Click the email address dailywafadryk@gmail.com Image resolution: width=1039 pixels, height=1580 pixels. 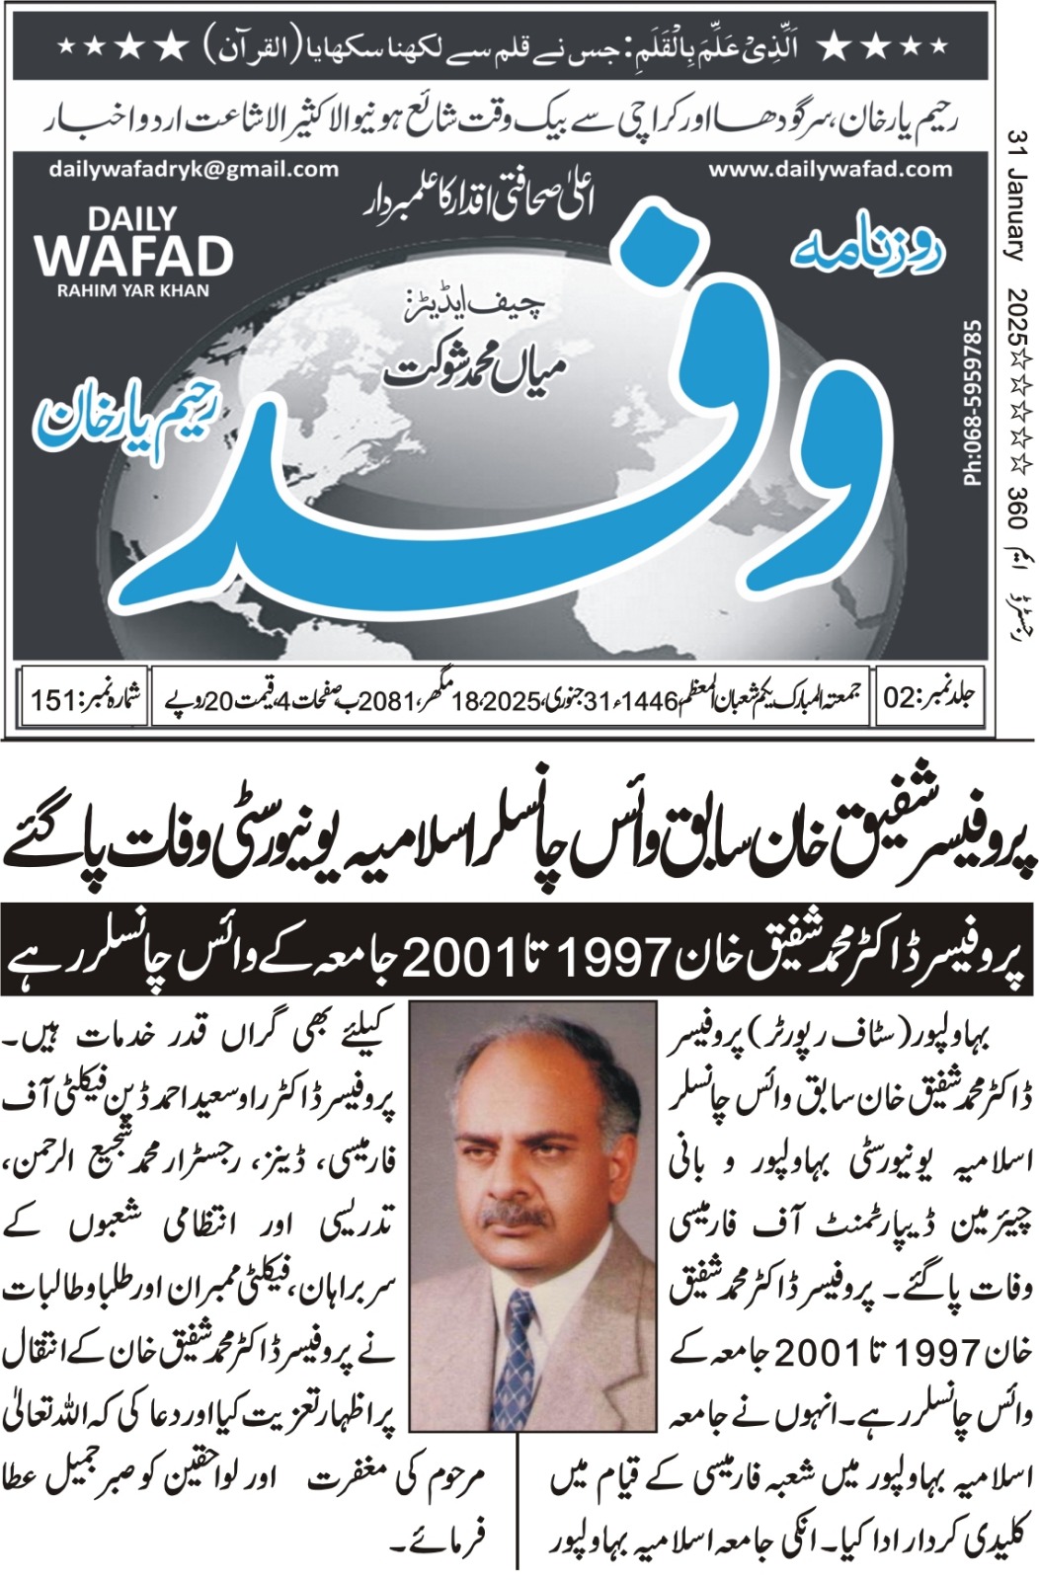(x=193, y=169)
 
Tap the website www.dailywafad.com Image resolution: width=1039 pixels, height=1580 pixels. (x=830, y=169)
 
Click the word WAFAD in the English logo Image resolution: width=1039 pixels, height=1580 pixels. (x=133, y=257)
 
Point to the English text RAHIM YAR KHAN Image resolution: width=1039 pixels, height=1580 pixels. (x=133, y=291)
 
